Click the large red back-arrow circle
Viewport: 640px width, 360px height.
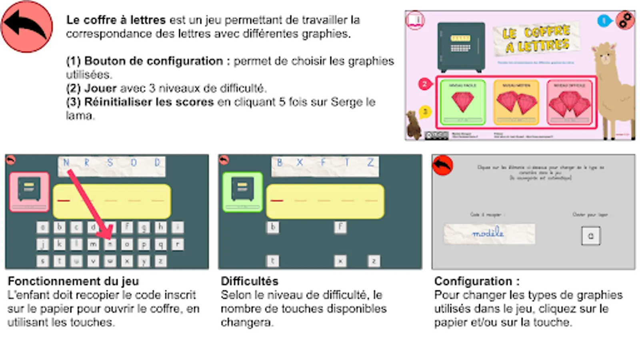(x=27, y=26)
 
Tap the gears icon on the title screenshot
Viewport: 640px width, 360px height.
(x=625, y=20)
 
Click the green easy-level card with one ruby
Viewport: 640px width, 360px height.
(x=463, y=102)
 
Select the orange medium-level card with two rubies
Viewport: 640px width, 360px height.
(x=516, y=102)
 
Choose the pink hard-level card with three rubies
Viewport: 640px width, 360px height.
(x=569, y=102)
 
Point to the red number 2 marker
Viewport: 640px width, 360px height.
(x=425, y=84)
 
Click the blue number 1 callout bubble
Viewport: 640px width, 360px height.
(x=604, y=21)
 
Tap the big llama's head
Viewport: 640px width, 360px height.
(x=605, y=56)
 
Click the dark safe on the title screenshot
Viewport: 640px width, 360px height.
(x=461, y=46)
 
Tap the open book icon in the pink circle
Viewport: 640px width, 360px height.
(x=416, y=20)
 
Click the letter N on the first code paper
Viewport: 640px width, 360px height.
(x=66, y=162)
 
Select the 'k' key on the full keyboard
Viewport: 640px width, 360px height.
(x=60, y=244)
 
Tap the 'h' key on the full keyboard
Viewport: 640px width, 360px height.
(x=160, y=227)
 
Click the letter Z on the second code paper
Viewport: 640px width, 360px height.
(x=370, y=162)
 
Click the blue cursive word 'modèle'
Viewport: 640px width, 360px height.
(x=488, y=233)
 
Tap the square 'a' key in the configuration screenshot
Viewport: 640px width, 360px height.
(x=590, y=236)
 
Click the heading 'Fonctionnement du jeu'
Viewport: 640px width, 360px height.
(x=73, y=281)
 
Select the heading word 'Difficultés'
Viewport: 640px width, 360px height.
(x=250, y=281)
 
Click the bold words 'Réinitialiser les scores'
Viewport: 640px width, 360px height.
(x=149, y=102)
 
